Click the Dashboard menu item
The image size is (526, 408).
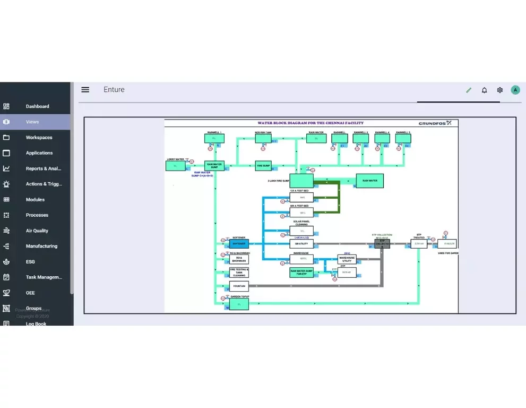pyautogui.click(x=37, y=106)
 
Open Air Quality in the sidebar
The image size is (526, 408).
pyautogui.click(x=37, y=231)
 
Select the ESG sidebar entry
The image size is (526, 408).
pyautogui.click(x=30, y=262)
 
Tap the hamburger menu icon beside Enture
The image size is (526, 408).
pyautogui.click(x=85, y=90)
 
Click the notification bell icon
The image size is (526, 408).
pyautogui.click(x=484, y=90)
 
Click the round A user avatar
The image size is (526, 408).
pyautogui.click(x=515, y=90)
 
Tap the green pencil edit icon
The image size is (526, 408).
pyautogui.click(x=469, y=90)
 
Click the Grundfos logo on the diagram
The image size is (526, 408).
pyautogui.click(x=435, y=123)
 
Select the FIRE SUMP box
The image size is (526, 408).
pyautogui.click(x=263, y=165)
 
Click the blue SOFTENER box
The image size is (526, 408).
pyautogui.click(x=238, y=244)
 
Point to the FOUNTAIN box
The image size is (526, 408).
pyautogui.click(x=239, y=286)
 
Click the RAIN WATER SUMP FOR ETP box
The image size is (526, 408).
pyautogui.click(x=301, y=273)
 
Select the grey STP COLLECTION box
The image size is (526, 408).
pyautogui.click(x=382, y=244)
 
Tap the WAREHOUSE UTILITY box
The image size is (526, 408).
pyautogui.click(x=347, y=259)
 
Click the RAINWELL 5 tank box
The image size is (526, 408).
pyautogui.click(x=403, y=139)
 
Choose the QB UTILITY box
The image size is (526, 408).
pyautogui.click(x=301, y=244)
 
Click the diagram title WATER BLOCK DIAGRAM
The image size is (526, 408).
pyautogui.click(x=311, y=123)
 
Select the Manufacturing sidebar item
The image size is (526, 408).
pyautogui.click(x=41, y=246)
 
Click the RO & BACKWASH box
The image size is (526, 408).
pyautogui.click(x=239, y=259)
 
